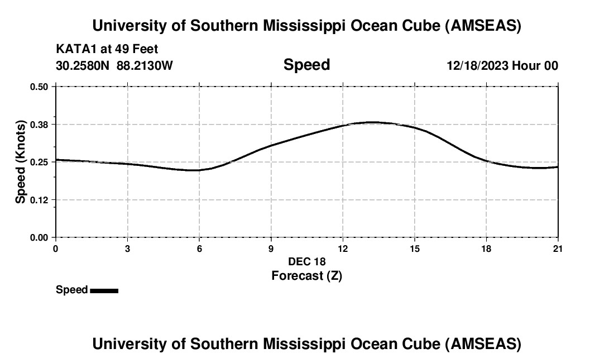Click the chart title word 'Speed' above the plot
click(306, 65)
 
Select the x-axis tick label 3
click(127, 249)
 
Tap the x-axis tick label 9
click(271, 249)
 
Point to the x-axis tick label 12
click(343, 249)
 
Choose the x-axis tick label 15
click(414, 249)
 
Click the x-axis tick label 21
click(558, 249)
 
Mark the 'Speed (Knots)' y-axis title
click(21, 161)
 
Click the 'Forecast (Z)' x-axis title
click(306, 275)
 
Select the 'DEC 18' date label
click(306, 261)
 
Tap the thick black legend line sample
click(104, 290)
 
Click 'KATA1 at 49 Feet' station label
click(107, 49)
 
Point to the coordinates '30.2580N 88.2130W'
click(114, 66)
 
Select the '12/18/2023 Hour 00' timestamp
click(502, 66)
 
